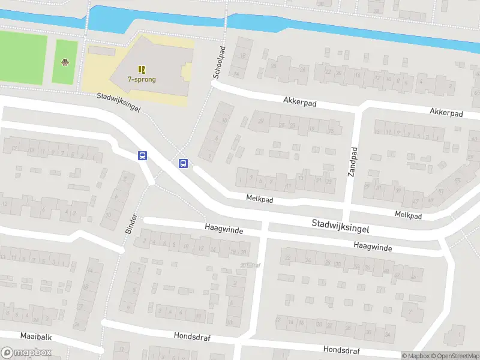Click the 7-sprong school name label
click(x=141, y=79)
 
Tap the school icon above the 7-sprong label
click(x=142, y=70)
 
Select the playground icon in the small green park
click(x=65, y=62)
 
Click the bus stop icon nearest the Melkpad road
click(x=184, y=163)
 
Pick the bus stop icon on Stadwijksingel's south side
click(x=143, y=155)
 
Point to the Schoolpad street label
click(x=219, y=63)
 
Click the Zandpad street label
click(x=353, y=161)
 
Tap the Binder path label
click(x=131, y=223)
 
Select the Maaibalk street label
click(x=36, y=337)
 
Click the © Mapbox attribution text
click(x=416, y=356)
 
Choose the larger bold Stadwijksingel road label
click(x=340, y=226)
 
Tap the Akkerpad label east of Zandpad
click(x=446, y=112)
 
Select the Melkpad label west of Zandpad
click(x=259, y=198)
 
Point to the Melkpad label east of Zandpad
click(x=408, y=215)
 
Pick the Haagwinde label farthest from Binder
click(x=373, y=247)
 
